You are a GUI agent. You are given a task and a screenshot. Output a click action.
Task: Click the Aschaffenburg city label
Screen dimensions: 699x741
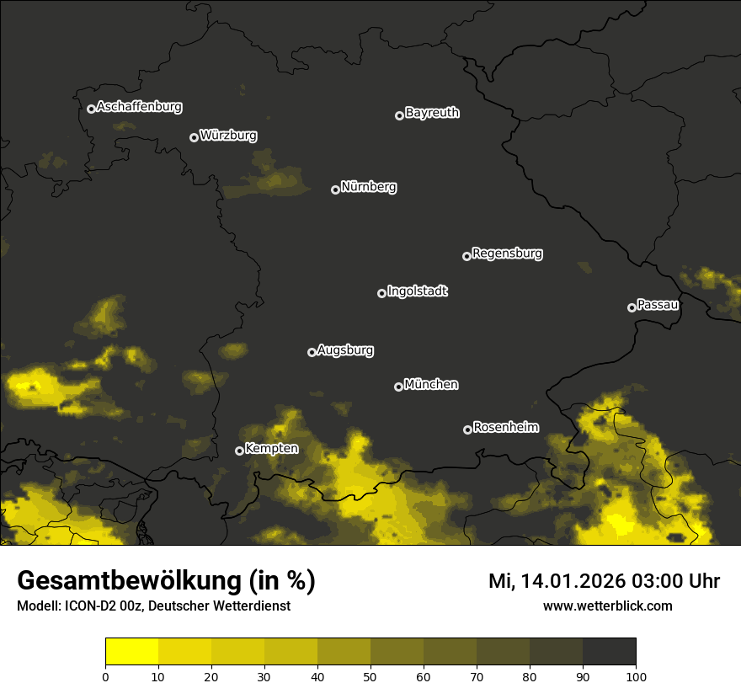(139, 107)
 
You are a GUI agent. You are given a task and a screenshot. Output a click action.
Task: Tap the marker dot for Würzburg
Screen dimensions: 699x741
(194, 137)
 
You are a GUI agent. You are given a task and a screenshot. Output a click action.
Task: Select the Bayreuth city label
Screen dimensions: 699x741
(432, 113)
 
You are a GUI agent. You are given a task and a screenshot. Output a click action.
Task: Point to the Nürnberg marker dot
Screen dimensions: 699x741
(335, 189)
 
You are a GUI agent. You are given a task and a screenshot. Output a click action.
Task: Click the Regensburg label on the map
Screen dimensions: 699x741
(507, 253)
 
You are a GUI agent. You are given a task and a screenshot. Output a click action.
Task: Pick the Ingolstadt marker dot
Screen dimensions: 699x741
(381, 293)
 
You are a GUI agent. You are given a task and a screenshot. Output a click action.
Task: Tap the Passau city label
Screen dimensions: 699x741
(658, 305)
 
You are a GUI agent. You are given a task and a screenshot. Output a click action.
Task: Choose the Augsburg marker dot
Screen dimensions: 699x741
(312, 352)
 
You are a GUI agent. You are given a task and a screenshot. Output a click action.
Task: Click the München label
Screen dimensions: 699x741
(431, 385)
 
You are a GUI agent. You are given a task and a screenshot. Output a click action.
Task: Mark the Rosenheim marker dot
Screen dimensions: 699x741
(467, 430)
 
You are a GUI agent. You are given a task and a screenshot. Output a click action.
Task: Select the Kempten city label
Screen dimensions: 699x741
(271, 449)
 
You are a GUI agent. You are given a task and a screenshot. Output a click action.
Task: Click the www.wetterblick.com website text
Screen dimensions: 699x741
(607, 606)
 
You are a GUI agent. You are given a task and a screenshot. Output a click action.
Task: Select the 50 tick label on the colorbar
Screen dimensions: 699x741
(370, 675)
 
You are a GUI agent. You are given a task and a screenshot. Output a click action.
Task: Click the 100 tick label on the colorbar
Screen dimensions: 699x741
(636, 675)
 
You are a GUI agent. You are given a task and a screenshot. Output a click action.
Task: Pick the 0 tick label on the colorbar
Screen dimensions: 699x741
(105, 675)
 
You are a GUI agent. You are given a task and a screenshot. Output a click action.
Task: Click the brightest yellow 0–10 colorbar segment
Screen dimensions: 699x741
(131, 651)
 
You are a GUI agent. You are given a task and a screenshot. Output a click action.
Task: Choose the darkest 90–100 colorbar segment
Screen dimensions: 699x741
(609, 651)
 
